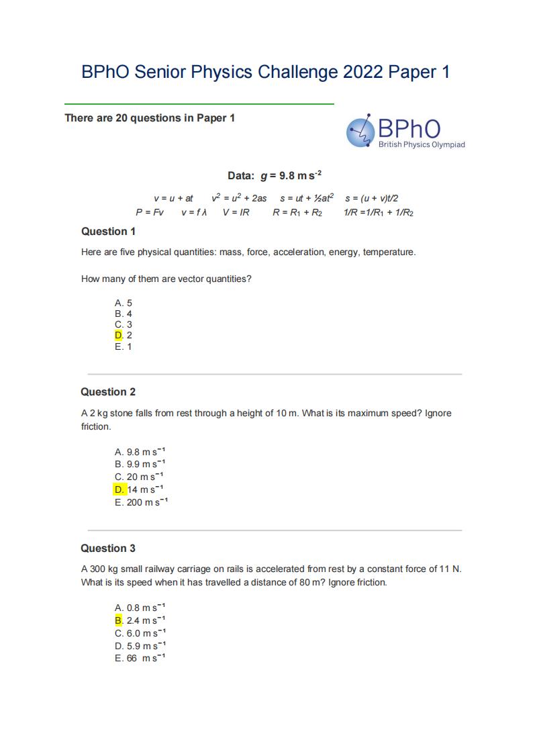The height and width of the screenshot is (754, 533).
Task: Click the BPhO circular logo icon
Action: click(360, 131)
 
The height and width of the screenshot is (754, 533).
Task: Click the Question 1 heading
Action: click(108, 232)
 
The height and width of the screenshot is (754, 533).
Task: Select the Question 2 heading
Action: click(108, 392)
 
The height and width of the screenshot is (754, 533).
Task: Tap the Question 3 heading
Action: click(108, 549)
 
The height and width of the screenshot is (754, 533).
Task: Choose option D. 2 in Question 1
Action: click(124, 336)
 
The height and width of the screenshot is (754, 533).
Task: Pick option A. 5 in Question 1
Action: click(124, 303)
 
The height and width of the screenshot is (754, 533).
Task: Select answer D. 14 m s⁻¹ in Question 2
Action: click(139, 489)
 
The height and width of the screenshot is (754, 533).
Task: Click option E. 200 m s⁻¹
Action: click(141, 502)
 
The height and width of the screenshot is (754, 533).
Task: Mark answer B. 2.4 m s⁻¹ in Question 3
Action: click(140, 620)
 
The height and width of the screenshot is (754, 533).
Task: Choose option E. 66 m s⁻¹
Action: click(140, 659)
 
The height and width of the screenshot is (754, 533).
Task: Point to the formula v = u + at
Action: click(173, 198)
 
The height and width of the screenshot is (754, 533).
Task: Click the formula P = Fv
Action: click(150, 213)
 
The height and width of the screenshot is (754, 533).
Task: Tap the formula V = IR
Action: click(236, 213)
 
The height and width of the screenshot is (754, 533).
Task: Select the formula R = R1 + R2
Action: click(297, 213)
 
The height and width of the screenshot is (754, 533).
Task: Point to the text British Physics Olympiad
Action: click(422, 145)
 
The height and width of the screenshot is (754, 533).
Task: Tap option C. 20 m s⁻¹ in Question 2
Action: click(140, 477)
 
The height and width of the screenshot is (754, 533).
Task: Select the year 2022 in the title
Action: click(364, 73)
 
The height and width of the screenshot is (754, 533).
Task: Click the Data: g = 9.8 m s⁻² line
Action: click(275, 176)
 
